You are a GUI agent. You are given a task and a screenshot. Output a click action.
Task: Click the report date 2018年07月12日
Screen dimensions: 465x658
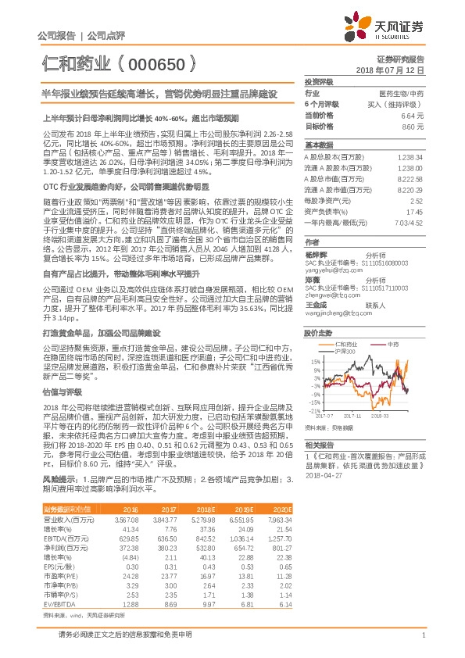395,70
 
